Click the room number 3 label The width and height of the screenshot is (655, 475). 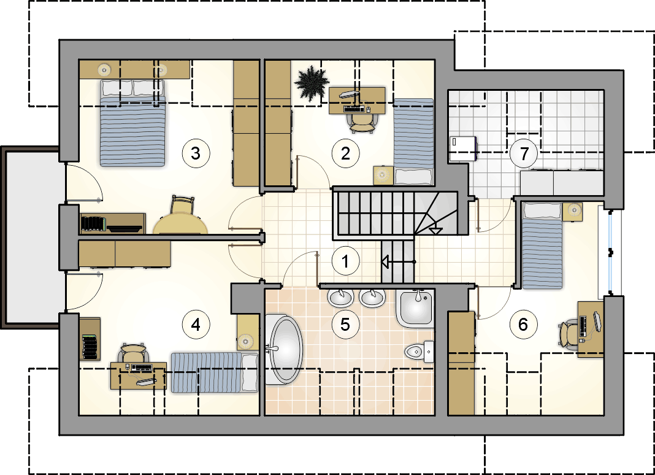tap(196, 153)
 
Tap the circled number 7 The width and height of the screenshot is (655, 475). tap(524, 153)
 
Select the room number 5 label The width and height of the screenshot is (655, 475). tap(345, 324)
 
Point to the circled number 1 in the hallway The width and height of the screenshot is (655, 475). tap(345, 261)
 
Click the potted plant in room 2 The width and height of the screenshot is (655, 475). tap(312, 83)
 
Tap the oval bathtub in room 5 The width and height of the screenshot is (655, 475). tap(285, 349)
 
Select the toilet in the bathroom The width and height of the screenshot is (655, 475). tap(419, 352)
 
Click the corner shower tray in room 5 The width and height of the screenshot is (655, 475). tap(415, 308)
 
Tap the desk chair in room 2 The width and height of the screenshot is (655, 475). tap(361, 121)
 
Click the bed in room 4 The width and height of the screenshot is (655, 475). tap(214, 372)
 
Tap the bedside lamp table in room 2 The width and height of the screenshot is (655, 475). tap(383, 175)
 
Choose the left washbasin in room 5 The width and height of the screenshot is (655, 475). tap(341, 297)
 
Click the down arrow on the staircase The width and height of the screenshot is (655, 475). tap(435, 230)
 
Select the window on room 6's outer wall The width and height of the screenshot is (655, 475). tap(611, 252)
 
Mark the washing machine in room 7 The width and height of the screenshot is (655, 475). tap(463, 149)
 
